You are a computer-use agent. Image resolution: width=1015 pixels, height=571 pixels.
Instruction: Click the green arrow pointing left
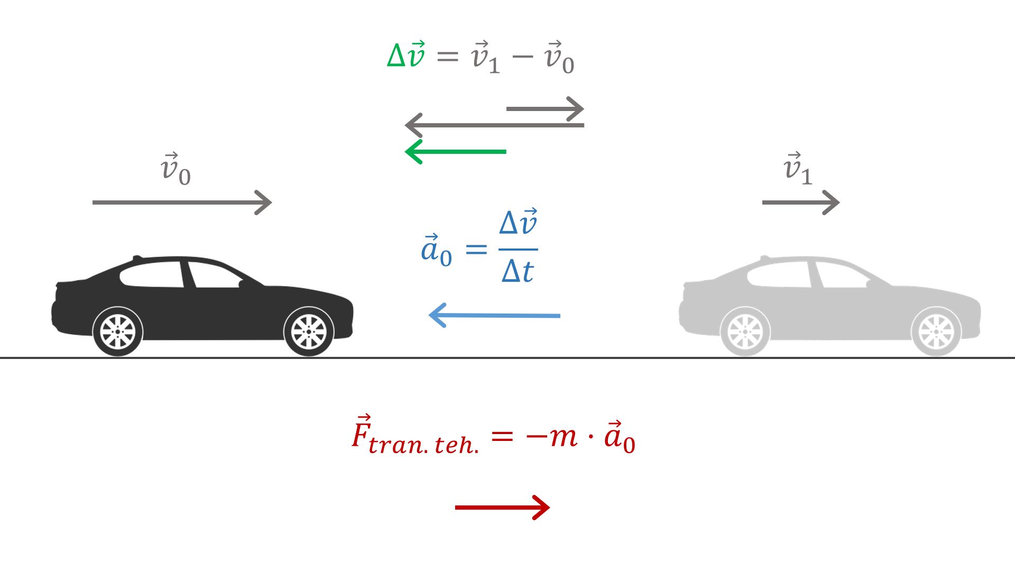pyautogui.click(x=456, y=152)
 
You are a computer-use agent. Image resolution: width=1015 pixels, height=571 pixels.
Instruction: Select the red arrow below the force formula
pyautogui.click(x=502, y=508)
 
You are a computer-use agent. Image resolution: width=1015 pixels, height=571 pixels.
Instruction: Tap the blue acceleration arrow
pyautogui.click(x=494, y=316)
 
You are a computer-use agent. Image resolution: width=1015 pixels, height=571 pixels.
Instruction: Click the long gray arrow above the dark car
pyautogui.click(x=182, y=202)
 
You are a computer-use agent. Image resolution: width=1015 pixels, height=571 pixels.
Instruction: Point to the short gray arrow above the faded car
pyautogui.click(x=800, y=202)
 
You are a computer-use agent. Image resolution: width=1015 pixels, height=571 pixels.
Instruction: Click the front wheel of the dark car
pyautogui.click(x=309, y=331)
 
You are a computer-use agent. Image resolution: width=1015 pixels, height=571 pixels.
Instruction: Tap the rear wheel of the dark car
pyautogui.click(x=118, y=331)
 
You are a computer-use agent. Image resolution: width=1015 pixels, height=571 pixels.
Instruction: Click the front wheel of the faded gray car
pyautogui.click(x=936, y=331)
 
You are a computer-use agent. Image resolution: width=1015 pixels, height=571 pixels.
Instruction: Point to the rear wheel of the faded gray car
pyautogui.click(x=745, y=331)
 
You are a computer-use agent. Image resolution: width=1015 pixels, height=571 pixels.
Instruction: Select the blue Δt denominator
pyautogui.click(x=518, y=272)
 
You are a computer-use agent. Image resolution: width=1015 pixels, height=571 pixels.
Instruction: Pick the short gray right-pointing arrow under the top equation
pyautogui.click(x=545, y=109)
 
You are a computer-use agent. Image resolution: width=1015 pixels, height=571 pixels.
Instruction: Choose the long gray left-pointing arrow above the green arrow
pyautogui.click(x=494, y=125)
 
